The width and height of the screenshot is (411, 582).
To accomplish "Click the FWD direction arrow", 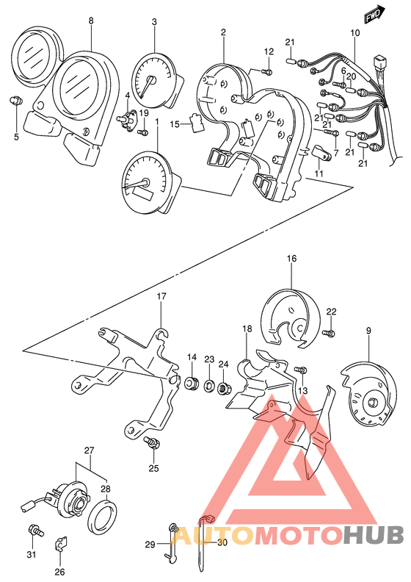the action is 374,15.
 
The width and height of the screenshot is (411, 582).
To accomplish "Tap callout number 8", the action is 91,21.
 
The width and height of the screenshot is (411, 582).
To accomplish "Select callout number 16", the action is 291,259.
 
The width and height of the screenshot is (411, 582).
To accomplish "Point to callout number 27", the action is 89,450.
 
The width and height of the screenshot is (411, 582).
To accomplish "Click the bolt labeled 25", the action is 153,442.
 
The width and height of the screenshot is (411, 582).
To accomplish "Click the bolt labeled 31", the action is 35,531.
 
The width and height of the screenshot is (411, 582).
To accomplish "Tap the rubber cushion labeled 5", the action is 16,100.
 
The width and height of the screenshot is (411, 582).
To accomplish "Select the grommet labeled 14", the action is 192,382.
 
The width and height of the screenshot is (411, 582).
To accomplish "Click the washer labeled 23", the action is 208,385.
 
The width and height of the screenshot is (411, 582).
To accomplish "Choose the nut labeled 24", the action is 223,389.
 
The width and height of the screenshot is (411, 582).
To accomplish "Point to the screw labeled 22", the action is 329,333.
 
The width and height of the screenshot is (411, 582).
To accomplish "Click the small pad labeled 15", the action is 197,122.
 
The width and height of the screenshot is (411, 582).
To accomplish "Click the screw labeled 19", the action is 143,132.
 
